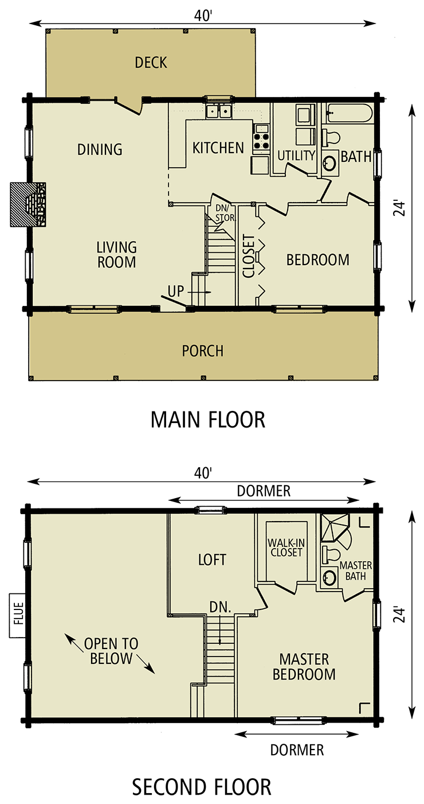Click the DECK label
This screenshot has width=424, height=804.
pyautogui.click(x=151, y=63)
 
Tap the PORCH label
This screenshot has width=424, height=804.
pyautogui.click(x=202, y=351)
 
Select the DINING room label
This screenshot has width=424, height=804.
pyautogui.click(x=100, y=149)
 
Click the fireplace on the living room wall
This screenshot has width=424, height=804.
pyautogui.click(x=38, y=204)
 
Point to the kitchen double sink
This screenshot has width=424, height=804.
pyautogui.click(x=218, y=111)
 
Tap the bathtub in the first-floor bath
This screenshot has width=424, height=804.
pyautogui.click(x=348, y=113)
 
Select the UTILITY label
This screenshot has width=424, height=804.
pyautogui.click(x=296, y=156)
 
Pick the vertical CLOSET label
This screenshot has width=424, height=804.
pyautogui.click(x=249, y=256)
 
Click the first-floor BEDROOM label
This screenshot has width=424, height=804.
pyautogui.click(x=317, y=260)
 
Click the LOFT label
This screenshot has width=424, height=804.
pyautogui.click(x=212, y=560)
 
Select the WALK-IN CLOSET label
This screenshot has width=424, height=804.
pyautogui.click(x=285, y=547)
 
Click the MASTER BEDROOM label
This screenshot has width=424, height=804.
pyautogui.click(x=304, y=666)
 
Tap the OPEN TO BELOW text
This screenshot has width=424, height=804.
pyautogui.click(x=111, y=651)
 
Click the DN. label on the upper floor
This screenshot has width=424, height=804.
pyautogui.click(x=220, y=606)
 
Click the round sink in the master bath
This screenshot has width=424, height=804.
pyautogui.click(x=329, y=577)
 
